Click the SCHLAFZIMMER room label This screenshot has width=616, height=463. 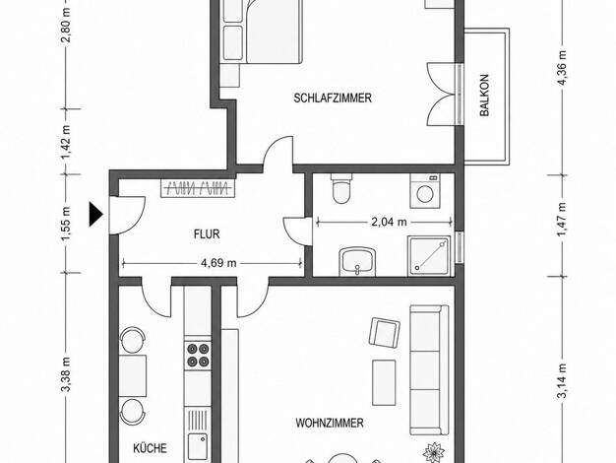pyautogui.click(x=333, y=98)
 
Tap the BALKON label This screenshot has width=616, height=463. pyautogui.click(x=484, y=96)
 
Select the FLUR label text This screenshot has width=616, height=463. pyautogui.click(x=207, y=234)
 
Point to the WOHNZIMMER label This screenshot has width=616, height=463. pyautogui.click(x=330, y=424)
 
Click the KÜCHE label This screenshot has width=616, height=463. pyautogui.click(x=150, y=448)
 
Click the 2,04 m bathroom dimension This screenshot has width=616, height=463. pyautogui.click(x=389, y=222)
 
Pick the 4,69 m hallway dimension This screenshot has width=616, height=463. pyautogui.click(x=218, y=263)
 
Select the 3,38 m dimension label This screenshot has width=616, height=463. pyautogui.click(x=66, y=374)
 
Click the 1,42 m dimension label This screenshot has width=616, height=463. pyautogui.click(x=66, y=142)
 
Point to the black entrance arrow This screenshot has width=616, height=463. pyautogui.click(x=95, y=215)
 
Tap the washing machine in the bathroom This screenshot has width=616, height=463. pyautogui.click(x=425, y=191)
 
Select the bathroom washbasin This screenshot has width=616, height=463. pyautogui.click(x=357, y=262)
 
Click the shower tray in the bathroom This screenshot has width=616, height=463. pyautogui.click(x=429, y=256)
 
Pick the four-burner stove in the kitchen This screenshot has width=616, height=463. pyautogui.click(x=198, y=355)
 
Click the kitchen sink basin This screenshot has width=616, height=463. pyautogui.click(x=197, y=446)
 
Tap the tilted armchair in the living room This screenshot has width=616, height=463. pyautogui.click(x=385, y=332)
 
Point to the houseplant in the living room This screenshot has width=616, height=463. pyautogui.click(x=434, y=451)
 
